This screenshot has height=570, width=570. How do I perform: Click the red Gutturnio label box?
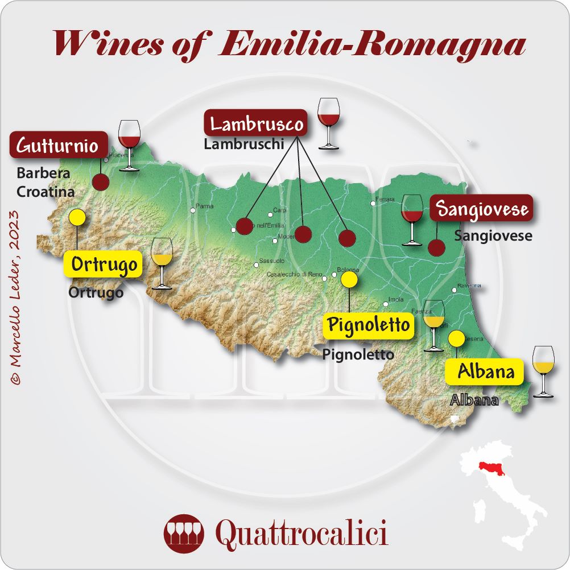coord(59,146)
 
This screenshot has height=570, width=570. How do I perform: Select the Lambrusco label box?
coord(256,123)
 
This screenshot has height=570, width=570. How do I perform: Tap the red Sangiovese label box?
coord(481,209)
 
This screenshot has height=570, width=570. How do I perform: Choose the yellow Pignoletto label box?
coord(368,325)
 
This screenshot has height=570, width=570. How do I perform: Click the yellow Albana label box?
coord(482,372)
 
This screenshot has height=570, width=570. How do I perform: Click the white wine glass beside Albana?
coord(543,370)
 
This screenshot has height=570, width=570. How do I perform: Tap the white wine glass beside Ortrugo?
coord(162,263)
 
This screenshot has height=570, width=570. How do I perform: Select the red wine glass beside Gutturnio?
coord(129,144)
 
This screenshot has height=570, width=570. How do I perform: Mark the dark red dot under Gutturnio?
coord(101,182)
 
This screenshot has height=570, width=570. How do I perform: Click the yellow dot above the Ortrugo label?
coord(76,217)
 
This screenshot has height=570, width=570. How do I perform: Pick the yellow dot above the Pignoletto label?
coord(349,279)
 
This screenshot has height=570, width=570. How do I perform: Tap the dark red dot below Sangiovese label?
coord(436,247)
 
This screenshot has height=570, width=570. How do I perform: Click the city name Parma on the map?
coord(204,206)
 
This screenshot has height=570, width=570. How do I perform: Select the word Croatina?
coord(46,192)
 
